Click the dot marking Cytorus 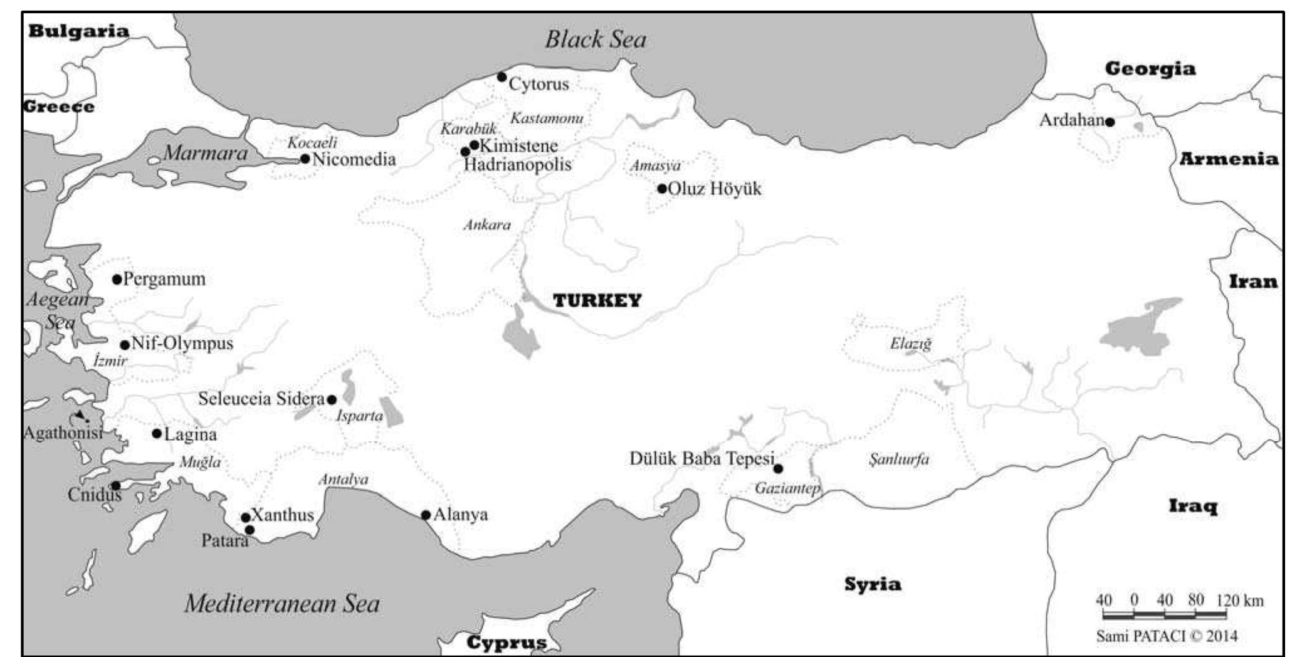[x=502, y=77]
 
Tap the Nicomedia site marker [x=305, y=159]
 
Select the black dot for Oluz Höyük [x=662, y=188]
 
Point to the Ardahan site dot [x=1110, y=122]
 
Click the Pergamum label [x=164, y=279]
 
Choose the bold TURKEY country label [x=597, y=300]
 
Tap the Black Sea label [x=595, y=39]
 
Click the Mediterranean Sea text [x=282, y=603]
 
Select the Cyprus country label [x=507, y=643]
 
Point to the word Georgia [x=1150, y=68]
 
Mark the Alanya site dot [x=426, y=515]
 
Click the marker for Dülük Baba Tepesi [x=778, y=468]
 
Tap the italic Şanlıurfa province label [x=899, y=460]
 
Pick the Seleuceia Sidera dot [x=332, y=399]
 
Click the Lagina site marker [x=157, y=433]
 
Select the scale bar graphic [x=1164, y=614]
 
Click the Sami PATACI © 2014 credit [x=1167, y=636]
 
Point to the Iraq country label [x=1193, y=505]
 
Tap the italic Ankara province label [x=487, y=224]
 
